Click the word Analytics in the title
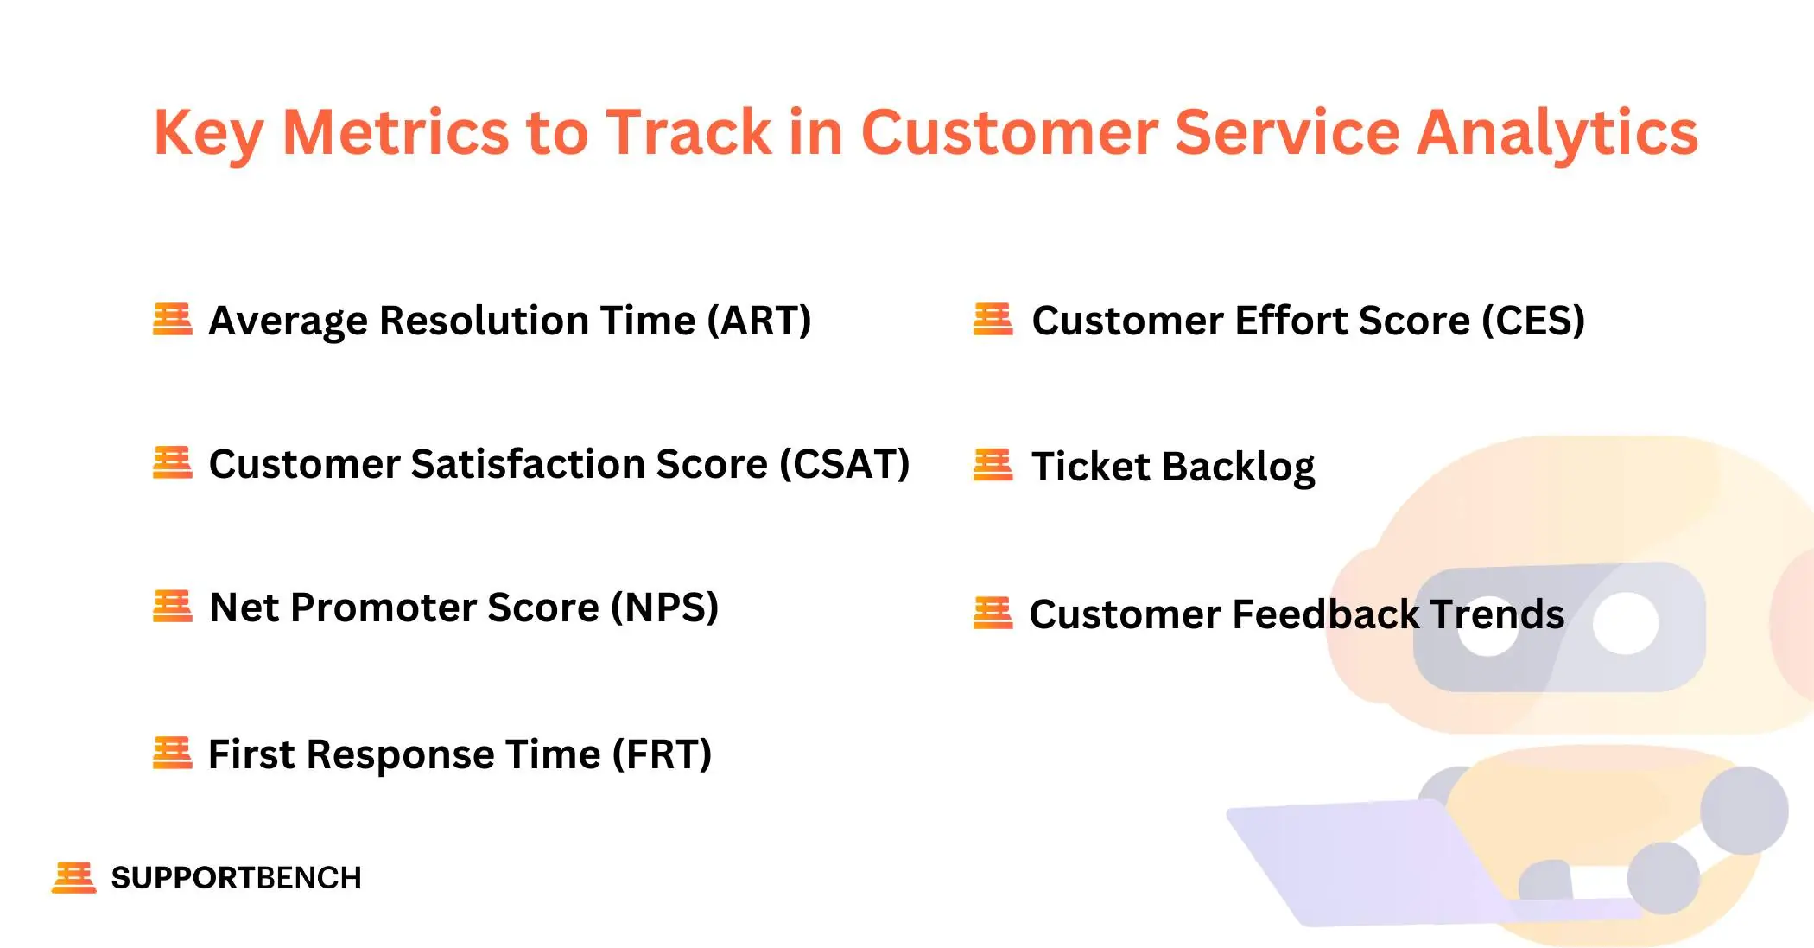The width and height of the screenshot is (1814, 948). coord(1557,134)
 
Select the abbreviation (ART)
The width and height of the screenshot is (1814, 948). coord(759,321)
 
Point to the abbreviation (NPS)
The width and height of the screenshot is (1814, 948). coord(664,608)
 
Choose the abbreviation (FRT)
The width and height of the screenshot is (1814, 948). coord(662,754)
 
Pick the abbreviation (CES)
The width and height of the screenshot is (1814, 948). coord(1533,321)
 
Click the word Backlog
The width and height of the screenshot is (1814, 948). coord(1238,468)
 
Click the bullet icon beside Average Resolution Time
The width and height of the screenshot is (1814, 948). coord(172,319)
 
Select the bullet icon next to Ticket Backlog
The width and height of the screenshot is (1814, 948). coord(993,465)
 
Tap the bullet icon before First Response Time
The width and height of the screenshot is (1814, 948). coord(172,753)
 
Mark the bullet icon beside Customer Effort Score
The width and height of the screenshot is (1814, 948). coord(993,319)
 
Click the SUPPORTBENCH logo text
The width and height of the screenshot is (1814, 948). coord(236,878)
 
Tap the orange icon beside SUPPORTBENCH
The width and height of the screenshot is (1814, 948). coord(73,877)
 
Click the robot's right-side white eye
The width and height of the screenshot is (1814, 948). coord(1625,624)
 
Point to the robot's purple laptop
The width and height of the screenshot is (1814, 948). coord(1365,864)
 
